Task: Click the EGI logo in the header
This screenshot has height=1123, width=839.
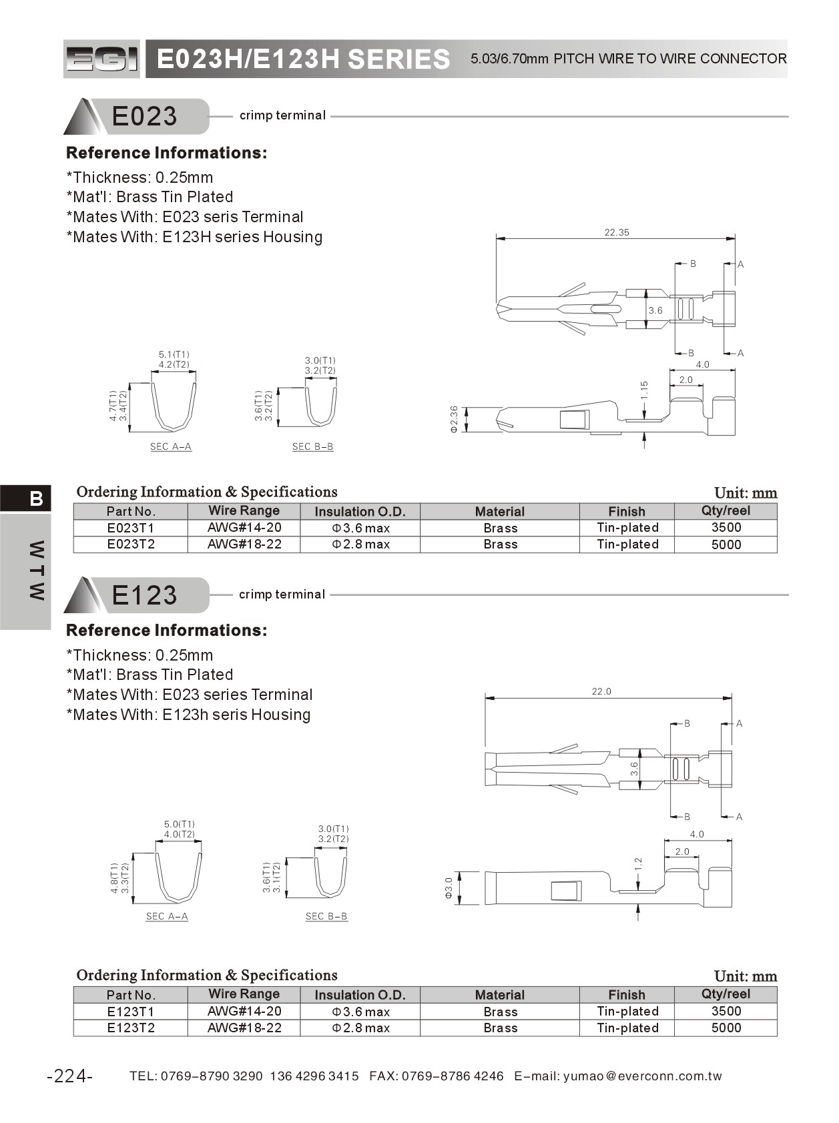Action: pos(101,59)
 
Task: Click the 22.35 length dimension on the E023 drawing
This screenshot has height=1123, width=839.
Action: pos(616,232)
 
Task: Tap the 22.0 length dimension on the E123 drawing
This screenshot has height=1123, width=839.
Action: pos(601,691)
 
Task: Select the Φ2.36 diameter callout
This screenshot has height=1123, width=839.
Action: pos(454,419)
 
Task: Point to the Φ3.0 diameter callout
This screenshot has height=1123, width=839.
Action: pos(449,888)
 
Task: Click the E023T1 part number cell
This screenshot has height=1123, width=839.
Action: pos(131,528)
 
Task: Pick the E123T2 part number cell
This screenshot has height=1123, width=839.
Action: pos(131,1028)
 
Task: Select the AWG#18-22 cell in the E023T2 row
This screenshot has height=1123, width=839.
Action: pos(244,544)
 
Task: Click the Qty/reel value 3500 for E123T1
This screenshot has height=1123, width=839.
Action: pos(726,1011)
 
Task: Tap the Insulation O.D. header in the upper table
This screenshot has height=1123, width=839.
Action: pos(360,512)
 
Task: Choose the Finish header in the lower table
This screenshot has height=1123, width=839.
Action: pos(626,995)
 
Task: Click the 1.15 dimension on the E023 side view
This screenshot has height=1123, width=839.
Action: pos(644,390)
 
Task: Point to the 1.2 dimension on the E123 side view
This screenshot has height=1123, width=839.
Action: pos(638,865)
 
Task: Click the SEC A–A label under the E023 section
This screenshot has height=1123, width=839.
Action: pos(171,446)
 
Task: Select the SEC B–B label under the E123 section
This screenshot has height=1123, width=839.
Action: pos(326,916)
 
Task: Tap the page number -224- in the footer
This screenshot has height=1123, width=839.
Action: pos(70,1076)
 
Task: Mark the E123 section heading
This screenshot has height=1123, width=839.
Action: pos(144,595)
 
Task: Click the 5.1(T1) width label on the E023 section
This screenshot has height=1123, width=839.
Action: pos(174,354)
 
